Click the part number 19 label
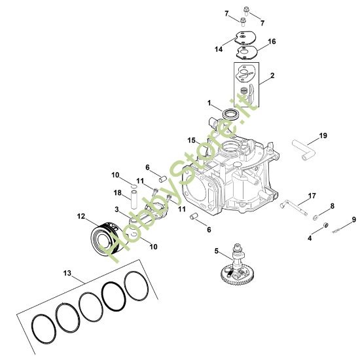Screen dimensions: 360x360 [323, 136]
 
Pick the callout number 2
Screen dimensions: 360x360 [272, 76]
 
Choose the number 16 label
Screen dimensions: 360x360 [272, 41]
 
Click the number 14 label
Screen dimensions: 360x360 [219, 49]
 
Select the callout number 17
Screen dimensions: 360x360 [312, 196]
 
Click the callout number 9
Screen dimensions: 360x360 [354, 219]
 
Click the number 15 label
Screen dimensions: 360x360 [192, 140]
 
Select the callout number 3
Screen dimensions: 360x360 [117, 209]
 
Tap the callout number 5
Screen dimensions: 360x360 [217, 251]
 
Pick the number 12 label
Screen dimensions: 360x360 [81, 216]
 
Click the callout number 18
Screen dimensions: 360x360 [117, 192]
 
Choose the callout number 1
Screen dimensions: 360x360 [209, 103]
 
